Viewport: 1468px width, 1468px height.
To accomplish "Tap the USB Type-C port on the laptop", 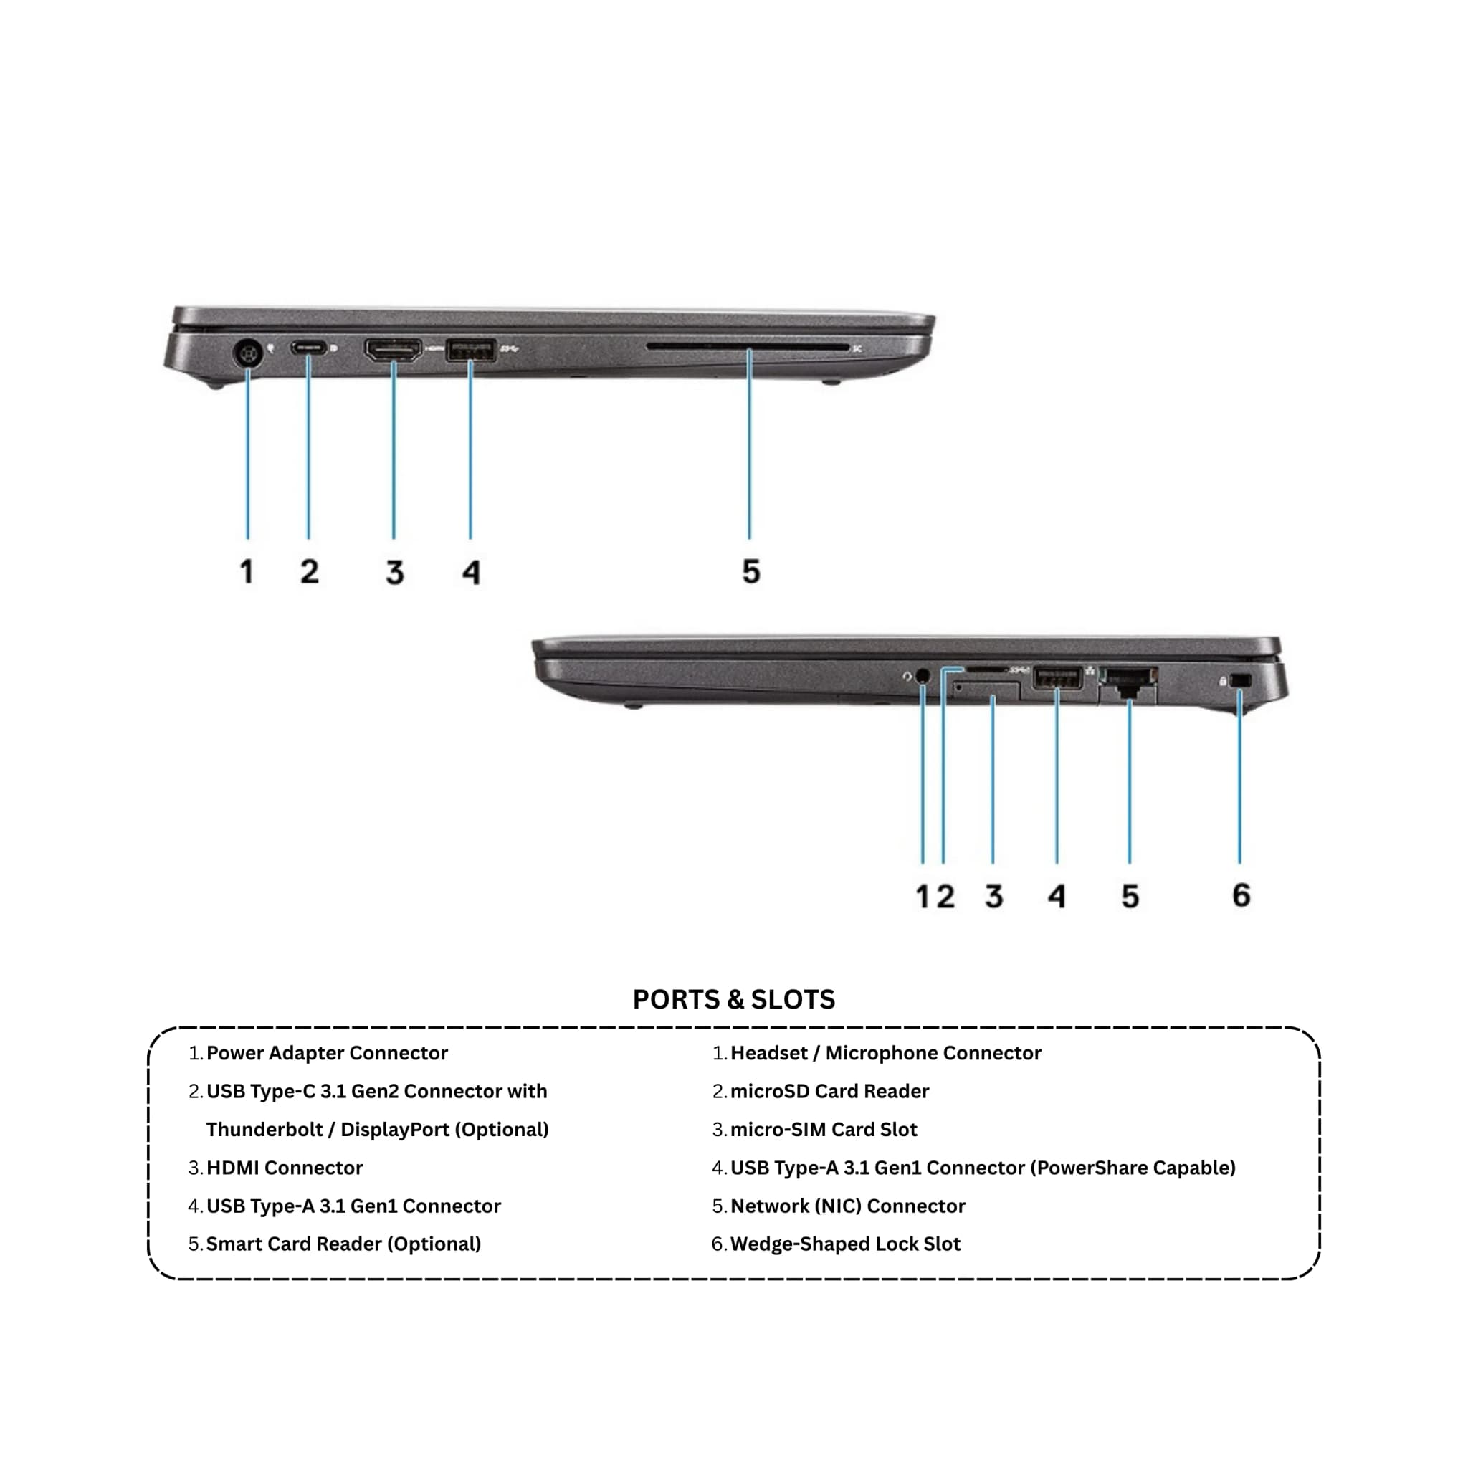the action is click(308, 349).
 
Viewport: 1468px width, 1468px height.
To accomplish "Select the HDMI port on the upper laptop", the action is click(394, 351).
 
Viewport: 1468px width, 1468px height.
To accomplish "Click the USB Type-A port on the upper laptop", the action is click(471, 350).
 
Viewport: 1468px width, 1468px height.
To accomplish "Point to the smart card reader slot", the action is click(748, 347).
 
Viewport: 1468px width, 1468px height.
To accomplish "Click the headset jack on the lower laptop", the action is click(923, 675).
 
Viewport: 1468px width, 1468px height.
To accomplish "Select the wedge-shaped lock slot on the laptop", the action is click(1240, 681).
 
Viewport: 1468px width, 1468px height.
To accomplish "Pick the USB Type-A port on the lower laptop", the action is click(1057, 677).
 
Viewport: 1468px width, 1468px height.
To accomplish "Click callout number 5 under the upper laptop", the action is click(750, 571).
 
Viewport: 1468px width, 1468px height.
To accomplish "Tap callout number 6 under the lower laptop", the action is click(1241, 895).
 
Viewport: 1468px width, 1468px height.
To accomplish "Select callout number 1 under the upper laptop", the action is click(246, 571).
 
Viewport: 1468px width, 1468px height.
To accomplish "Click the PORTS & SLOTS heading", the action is click(734, 999).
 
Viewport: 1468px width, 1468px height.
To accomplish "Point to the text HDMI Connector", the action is click(285, 1167).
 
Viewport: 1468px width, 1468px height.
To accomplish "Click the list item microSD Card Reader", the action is click(830, 1091).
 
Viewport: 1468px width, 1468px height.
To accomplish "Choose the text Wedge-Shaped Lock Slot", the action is click(846, 1244).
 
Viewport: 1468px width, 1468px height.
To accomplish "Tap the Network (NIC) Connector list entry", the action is click(848, 1206).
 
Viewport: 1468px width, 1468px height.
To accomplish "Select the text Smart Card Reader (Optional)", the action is click(343, 1244).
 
